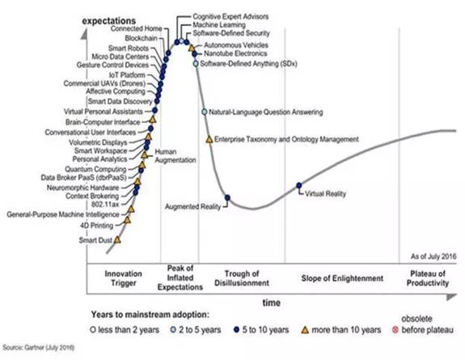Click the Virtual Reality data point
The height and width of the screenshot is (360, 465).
pos(299,185)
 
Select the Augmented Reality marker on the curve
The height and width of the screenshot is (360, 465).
pos(227,197)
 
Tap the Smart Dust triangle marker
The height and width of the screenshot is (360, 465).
pos(117,239)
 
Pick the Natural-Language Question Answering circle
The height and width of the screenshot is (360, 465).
pos(204,112)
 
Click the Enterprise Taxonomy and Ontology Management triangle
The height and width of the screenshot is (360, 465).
pos(209,139)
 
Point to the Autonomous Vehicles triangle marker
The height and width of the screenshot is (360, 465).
pos(192,48)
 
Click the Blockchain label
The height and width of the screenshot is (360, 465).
pos(141,38)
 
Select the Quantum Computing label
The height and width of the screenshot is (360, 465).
pos(95,169)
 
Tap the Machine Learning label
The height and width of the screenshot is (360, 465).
pos(219,24)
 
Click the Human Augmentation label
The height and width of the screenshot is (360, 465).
pos(175,156)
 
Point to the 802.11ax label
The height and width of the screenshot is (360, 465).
pos(105,205)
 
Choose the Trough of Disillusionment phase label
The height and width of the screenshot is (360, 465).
pos(242,278)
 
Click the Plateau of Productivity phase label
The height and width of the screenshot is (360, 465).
pos(428,278)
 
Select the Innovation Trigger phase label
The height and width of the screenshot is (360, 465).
pos(124,278)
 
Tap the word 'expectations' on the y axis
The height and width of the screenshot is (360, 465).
pos(109,21)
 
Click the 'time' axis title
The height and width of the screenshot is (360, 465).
pos(272,303)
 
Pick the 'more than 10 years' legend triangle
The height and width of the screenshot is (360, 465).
pos(305,330)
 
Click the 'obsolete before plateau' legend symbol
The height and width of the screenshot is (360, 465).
pos(395,330)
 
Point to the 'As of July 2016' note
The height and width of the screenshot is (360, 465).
pos(433,256)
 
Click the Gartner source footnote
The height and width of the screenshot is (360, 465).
pos(39,347)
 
